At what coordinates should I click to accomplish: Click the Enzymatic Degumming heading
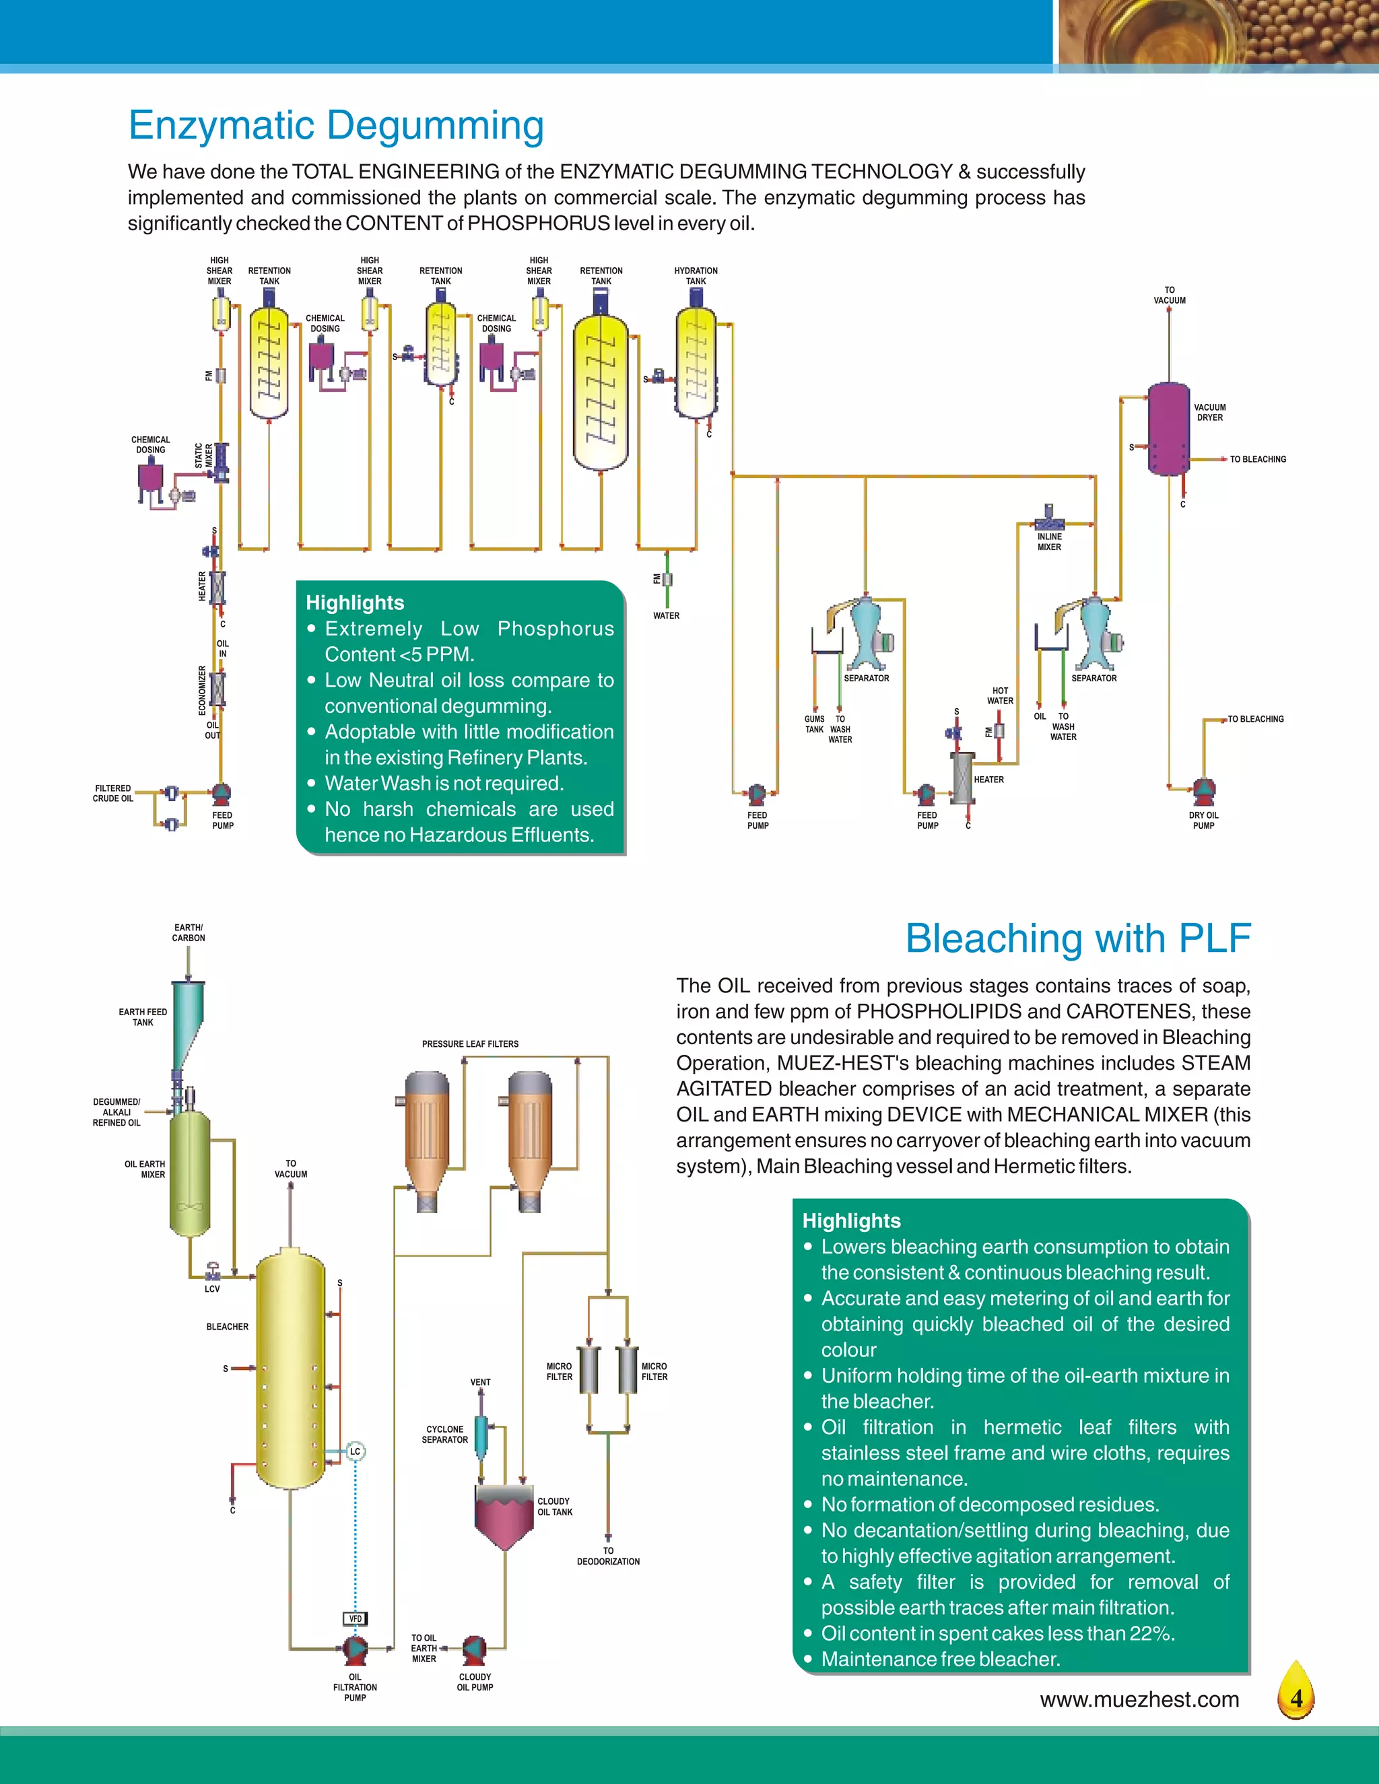coord(336,126)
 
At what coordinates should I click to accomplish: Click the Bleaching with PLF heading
coord(1077,938)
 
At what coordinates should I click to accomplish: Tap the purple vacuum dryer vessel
coord(1168,429)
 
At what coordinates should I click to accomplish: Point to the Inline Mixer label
coord(1049,543)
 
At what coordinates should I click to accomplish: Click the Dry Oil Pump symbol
coord(1203,790)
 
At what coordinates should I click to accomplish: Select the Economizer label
coord(203,690)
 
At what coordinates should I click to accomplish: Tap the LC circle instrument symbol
coord(355,1451)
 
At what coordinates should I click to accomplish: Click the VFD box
coord(355,1619)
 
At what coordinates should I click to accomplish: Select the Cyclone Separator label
coord(444,1435)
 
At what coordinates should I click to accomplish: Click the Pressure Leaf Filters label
coord(470,1044)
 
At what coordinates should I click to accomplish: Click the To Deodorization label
coord(608,1556)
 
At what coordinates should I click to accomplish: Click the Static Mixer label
coord(203,456)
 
